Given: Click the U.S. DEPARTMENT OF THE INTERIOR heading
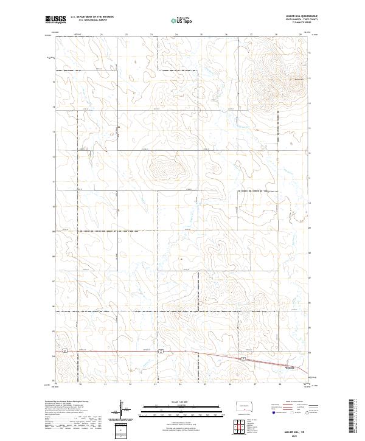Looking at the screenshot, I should pos(92,18).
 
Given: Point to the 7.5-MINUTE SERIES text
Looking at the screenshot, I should pos(294,24).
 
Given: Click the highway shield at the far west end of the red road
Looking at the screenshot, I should pos(78,352).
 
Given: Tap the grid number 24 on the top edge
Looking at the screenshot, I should pos(176,35).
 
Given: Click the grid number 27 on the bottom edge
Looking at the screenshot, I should pos(255,384).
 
